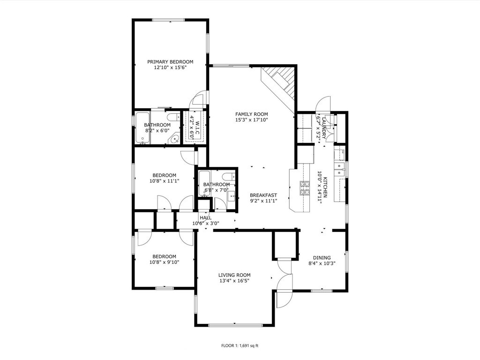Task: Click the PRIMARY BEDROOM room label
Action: [x=170, y=62]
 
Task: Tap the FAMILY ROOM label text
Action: [x=252, y=114]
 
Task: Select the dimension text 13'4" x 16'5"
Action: [x=234, y=281]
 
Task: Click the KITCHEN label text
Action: [x=326, y=187]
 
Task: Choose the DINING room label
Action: [x=322, y=258]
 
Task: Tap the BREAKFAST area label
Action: [x=263, y=195]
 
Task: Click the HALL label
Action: [x=206, y=217]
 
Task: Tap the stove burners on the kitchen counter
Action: [x=305, y=188]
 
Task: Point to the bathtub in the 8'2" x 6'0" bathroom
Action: [x=142, y=128]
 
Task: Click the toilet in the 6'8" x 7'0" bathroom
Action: [x=229, y=177]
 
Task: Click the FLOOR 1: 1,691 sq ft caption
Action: [x=240, y=345]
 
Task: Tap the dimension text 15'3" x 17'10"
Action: [x=252, y=120]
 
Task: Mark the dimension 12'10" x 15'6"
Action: [x=170, y=67]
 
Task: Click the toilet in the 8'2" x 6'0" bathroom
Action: [x=174, y=117]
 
